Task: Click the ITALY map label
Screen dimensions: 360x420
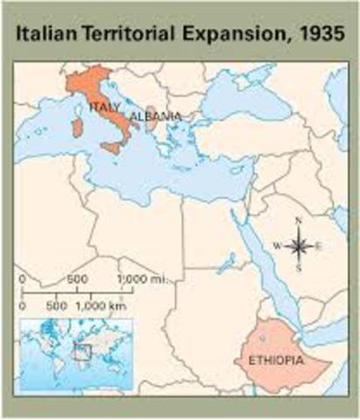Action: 104,108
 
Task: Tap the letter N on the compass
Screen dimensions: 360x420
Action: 299,221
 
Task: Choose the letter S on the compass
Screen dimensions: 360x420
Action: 299,269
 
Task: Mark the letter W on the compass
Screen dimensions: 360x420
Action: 276,246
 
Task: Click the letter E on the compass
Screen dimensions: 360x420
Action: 319,246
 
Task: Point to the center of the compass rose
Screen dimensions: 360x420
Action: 299,246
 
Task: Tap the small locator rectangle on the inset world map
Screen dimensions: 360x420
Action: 83,352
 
